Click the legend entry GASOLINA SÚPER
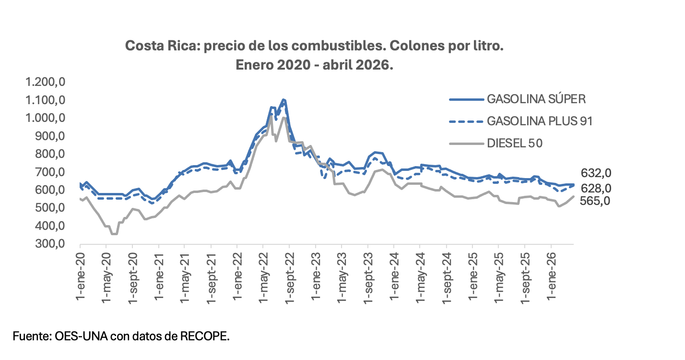click(536, 99)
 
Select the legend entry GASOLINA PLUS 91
click(539, 121)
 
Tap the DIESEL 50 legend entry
click(515, 143)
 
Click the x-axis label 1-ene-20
click(80, 272)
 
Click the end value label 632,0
click(595, 173)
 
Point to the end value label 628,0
click(595, 188)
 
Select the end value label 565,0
click(595, 201)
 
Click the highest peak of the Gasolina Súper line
click(284, 100)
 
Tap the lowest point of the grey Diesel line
click(114, 234)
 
